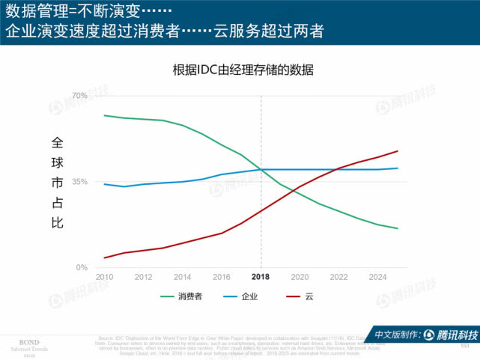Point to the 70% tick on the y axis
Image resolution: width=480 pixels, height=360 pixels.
click(x=81, y=96)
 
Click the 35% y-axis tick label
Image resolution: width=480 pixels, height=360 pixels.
click(x=81, y=182)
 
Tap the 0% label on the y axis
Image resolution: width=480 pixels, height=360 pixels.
click(x=82, y=268)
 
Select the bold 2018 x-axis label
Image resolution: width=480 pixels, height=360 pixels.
click(x=261, y=277)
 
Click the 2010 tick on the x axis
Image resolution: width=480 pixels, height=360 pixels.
click(x=104, y=277)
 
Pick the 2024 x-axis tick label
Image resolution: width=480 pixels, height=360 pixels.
click(x=378, y=277)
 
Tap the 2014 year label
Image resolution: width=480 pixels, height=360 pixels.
click(x=183, y=277)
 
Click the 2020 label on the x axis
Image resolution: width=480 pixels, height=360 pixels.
click(x=300, y=277)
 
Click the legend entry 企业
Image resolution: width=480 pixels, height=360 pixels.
click(x=249, y=296)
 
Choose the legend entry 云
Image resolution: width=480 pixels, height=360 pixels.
click(x=309, y=296)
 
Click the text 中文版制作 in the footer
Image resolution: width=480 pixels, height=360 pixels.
click(x=396, y=335)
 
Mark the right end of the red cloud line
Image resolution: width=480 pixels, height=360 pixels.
click(x=398, y=151)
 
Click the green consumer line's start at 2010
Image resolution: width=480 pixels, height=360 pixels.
click(x=104, y=115)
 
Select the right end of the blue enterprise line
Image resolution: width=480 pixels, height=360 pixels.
click(x=398, y=168)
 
